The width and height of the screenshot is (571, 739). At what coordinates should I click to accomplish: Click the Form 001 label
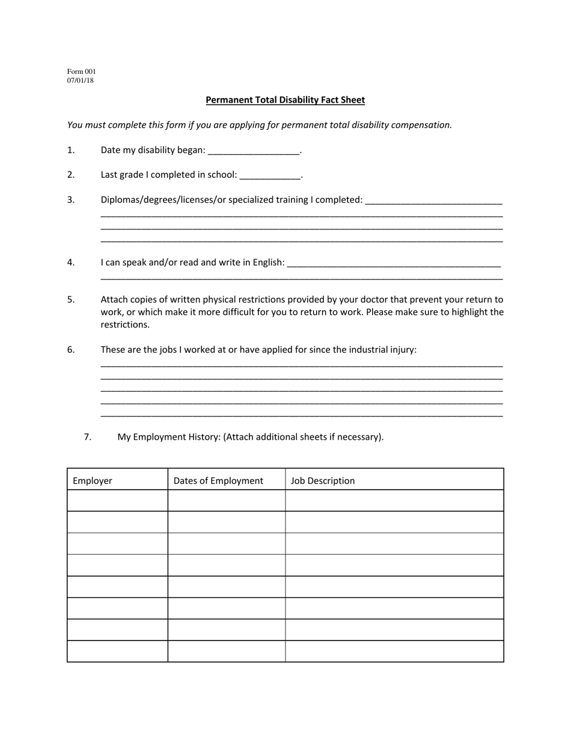click(x=81, y=71)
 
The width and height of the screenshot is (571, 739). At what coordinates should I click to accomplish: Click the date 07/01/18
click(x=81, y=81)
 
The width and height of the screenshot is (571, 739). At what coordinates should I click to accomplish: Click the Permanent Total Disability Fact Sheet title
click(x=285, y=100)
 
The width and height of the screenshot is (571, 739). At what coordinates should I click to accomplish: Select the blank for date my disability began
click(x=253, y=151)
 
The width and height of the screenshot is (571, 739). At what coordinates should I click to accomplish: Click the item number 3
click(x=71, y=200)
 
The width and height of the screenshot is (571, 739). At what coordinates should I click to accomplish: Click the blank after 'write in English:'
click(x=394, y=263)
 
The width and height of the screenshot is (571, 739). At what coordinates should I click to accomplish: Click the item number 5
click(x=71, y=299)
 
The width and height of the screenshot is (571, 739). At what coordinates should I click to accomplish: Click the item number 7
click(x=88, y=437)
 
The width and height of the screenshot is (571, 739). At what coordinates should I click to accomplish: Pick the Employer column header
click(x=93, y=481)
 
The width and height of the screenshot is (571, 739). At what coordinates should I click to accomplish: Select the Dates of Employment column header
click(x=218, y=481)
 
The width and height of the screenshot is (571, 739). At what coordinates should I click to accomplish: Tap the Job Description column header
click(x=323, y=481)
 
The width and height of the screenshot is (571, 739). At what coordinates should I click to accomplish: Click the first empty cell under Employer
click(x=117, y=500)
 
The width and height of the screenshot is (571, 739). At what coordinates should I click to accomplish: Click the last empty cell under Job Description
click(x=394, y=651)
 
